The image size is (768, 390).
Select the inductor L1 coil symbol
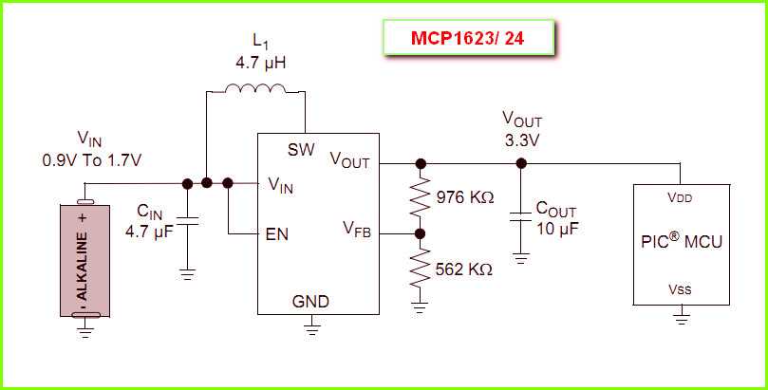[255, 90]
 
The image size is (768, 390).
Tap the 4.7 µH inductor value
[261, 63]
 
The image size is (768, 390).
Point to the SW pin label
[302, 151]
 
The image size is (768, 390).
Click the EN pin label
[277, 233]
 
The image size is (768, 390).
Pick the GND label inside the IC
[310, 301]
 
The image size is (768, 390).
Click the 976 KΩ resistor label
[464, 197]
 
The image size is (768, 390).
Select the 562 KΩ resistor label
[463, 269]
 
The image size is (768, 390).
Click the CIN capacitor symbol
[187, 220]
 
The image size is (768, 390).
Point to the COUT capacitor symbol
[520, 215]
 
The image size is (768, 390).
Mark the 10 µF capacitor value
[557, 229]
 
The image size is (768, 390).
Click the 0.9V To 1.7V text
[92, 159]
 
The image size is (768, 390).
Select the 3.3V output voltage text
[521, 140]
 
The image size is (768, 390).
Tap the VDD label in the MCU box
[680, 198]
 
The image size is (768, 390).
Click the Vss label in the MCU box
[680, 288]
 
